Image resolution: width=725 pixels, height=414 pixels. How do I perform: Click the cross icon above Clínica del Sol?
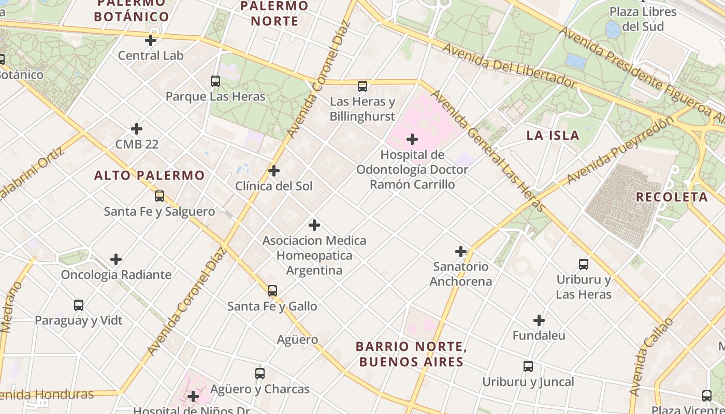(x=274, y=171)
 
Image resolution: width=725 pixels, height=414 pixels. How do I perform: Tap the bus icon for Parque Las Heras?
(x=215, y=81)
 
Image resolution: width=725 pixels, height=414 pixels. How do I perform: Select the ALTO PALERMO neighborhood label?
(x=150, y=175)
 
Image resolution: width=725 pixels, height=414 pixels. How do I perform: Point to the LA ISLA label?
(x=553, y=136)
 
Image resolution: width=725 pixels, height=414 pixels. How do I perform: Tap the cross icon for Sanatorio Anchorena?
(x=461, y=252)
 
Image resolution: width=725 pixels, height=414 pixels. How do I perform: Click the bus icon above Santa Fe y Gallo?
(x=272, y=291)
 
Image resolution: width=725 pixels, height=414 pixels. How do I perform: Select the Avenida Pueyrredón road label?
(x=621, y=150)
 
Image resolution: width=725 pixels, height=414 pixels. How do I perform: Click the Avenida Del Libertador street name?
(x=510, y=65)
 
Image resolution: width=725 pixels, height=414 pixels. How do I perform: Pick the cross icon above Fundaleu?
(x=539, y=320)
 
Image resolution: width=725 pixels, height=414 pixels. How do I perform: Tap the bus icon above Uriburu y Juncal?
(x=528, y=367)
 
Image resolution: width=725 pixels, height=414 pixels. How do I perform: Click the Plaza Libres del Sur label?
(x=643, y=19)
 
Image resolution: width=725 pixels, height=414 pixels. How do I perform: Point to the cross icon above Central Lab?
(x=151, y=40)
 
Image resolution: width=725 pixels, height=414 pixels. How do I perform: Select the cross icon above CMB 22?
(x=137, y=128)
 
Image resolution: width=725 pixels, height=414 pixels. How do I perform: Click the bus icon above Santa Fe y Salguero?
(x=160, y=196)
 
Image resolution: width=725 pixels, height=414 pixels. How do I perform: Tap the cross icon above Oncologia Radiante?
(x=116, y=259)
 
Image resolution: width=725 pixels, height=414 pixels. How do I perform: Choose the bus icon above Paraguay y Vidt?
(x=79, y=305)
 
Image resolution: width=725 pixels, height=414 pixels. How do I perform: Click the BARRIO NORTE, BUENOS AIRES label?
(x=411, y=354)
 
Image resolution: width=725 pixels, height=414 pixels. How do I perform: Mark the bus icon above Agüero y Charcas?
(x=260, y=374)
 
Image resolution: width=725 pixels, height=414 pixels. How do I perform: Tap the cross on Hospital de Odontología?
(x=412, y=139)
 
